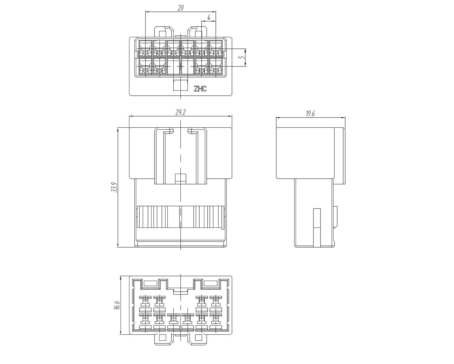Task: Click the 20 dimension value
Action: pyautogui.click(x=181, y=8)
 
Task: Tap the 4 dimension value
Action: pyautogui.click(x=209, y=17)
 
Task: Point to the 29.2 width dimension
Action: pyautogui.click(x=180, y=113)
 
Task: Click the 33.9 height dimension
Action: pyautogui.click(x=114, y=187)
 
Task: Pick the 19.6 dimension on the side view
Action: pyautogui.click(x=310, y=114)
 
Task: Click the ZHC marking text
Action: pyautogui.click(x=200, y=89)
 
